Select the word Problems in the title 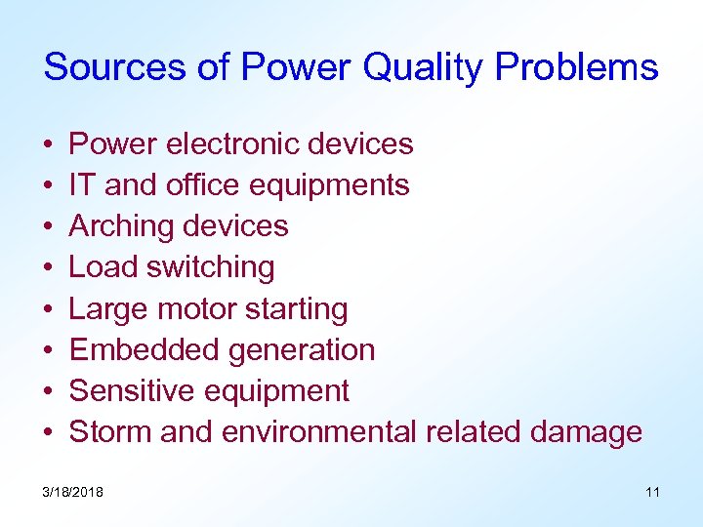pyautogui.click(x=576, y=67)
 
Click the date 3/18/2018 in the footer pyautogui.click(x=73, y=492)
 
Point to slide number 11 pyautogui.click(x=652, y=492)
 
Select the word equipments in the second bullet pyautogui.click(x=329, y=185)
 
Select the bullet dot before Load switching pyautogui.click(x=49, y=268)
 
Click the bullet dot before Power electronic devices pyautogui.click(x=49, y=145)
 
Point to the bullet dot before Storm pyautogui.click(x=49, y=433)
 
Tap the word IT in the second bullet pyautogui.click(x=82, y=185)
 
